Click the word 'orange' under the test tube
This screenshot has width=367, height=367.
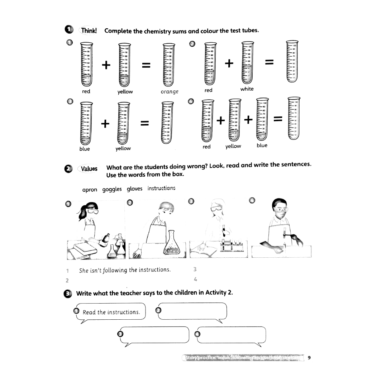[x=170, y=92]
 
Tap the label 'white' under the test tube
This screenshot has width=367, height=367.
[x=247, y=89]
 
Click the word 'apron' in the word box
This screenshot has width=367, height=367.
[x=90, y=190]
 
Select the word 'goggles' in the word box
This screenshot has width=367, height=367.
[x=112, y=189]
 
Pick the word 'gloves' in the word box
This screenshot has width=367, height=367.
[x=134, y=189]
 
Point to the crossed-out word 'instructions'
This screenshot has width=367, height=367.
[x=161, y=188]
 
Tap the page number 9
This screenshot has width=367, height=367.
[x=309, y=357]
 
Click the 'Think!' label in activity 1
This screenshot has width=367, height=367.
[x=89, y=30]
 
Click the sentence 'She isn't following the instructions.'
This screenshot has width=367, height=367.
[x=125, y=270]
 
